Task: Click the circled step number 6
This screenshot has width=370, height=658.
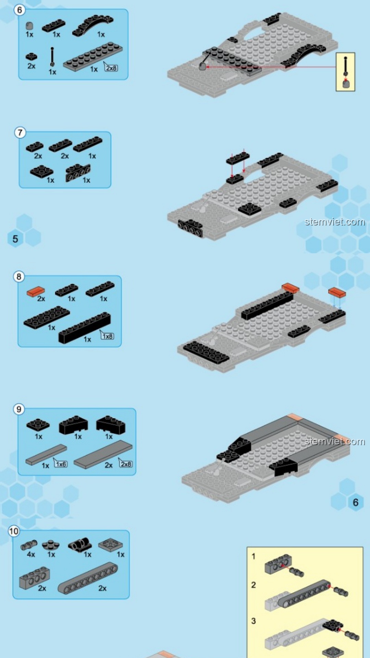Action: point(20,10)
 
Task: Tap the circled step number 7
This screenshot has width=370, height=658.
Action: point(20,133)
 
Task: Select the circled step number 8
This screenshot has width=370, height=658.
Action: point(19,277)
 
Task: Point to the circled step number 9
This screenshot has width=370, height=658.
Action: point(19,409)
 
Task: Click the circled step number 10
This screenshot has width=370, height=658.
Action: point(14,531)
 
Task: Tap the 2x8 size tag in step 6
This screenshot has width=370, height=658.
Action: point(111,68)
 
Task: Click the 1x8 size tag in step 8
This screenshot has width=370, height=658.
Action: point(107,336)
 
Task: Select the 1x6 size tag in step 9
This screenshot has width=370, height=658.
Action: point(61,464)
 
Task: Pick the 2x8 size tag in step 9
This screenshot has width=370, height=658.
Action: point(126,464)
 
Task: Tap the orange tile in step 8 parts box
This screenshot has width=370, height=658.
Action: point(36,291)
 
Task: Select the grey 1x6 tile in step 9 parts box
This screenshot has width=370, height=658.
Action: point(46,455)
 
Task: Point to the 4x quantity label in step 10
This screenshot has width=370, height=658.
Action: point(31,554)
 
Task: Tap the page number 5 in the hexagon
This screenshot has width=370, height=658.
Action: point(15,239)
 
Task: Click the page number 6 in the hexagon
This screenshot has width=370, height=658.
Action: point(356,502)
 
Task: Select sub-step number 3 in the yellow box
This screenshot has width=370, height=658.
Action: point(254,621)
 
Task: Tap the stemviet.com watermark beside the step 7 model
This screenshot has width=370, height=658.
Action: point(335,222)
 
